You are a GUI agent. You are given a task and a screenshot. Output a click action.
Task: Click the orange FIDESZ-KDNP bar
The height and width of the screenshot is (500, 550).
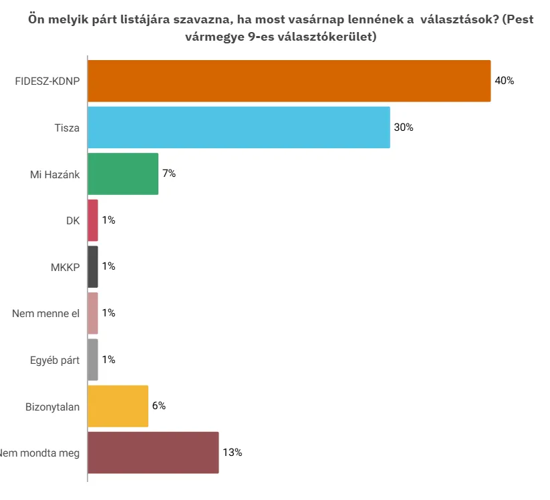(x=289, y=81)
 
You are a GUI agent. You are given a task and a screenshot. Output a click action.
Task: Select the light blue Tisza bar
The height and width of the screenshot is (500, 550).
(x=239, y=128)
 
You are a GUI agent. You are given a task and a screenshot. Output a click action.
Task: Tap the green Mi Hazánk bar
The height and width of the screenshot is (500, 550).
(x=123, y=174)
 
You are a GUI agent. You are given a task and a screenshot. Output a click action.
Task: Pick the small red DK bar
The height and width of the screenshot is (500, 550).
(x=93, y=220)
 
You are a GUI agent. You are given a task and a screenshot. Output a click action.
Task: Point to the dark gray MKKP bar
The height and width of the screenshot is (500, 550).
(x=93, y=266)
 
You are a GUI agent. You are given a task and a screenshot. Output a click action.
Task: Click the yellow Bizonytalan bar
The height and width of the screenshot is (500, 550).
(x=118, y=406)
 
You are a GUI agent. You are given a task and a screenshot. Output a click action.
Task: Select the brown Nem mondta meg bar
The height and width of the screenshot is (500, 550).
(x=153, y=453)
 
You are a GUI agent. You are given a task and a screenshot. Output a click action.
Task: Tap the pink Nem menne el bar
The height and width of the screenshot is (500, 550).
(x=93, y=313)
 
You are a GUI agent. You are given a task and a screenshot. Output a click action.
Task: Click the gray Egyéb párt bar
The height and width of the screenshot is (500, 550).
(x=93, y=360)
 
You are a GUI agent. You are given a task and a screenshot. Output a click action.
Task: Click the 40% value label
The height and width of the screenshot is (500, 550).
(x=504, y=81)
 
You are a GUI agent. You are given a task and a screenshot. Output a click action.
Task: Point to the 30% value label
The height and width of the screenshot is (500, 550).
(x=404, y=128)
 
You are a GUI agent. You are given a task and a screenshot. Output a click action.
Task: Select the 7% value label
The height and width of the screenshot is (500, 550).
(x=168, y=174)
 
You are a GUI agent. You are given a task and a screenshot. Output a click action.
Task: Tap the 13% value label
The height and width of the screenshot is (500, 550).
(x=232, y=453)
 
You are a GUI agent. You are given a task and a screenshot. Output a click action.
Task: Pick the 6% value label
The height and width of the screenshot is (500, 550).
(x=158, y=406)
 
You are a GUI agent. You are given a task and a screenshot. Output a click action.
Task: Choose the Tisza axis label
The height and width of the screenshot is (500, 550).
(x=67, y=128)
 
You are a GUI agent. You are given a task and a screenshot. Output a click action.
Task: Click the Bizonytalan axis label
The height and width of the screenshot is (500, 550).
(x=53, y=407)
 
